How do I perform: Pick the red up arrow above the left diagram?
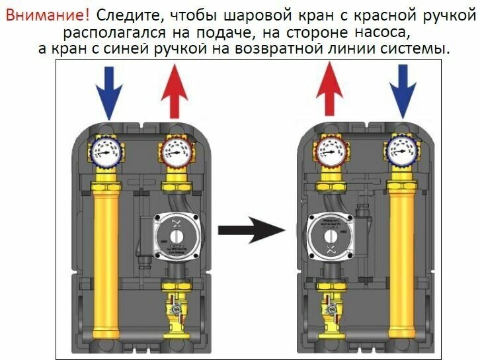pos(175,92)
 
